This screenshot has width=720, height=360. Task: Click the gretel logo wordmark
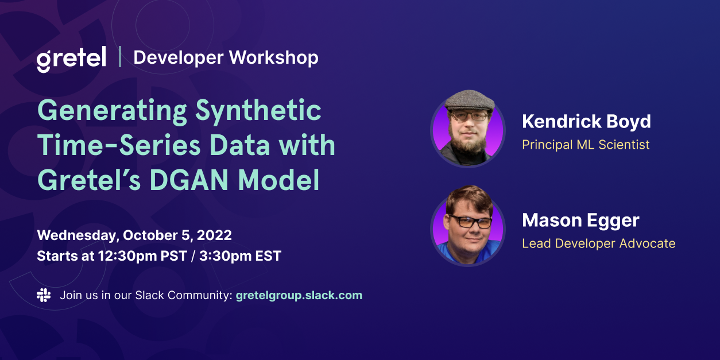[x=71, y=59]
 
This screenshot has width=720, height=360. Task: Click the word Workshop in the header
[x=274, y=57]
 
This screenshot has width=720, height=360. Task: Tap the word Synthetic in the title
[x=258, y=111]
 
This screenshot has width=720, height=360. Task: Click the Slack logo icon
[x=44, y=295]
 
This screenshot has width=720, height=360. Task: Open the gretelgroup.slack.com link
[x=299, y=296]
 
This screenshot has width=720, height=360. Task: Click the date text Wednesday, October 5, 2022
[x=134, y=235]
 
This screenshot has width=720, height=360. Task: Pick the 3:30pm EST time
[x=240, y=256]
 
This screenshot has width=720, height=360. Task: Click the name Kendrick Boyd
[x=586, y=122]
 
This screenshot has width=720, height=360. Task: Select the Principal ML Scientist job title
[x=586, y=145]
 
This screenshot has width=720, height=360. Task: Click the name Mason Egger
[x=580, y=220]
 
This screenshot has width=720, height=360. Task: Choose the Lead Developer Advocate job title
[x=598, y=243]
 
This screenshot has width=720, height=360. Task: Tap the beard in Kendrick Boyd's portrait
[x=469, y=140]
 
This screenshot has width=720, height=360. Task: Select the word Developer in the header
[x=178, y=57]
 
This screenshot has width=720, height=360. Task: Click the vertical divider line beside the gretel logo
[x=120, y=57]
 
